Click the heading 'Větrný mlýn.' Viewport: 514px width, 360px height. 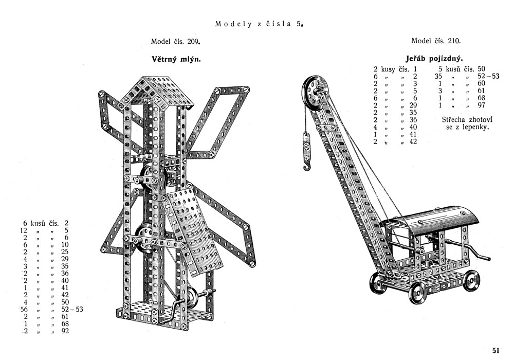click(175, 59)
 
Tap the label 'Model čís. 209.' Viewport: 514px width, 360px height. click(175, 41)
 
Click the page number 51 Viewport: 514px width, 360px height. click(495, 350)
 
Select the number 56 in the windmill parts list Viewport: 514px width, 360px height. click(24, 309)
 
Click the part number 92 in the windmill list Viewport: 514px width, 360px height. click(64, 331)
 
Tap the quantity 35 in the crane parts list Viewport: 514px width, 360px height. click(438, 76)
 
